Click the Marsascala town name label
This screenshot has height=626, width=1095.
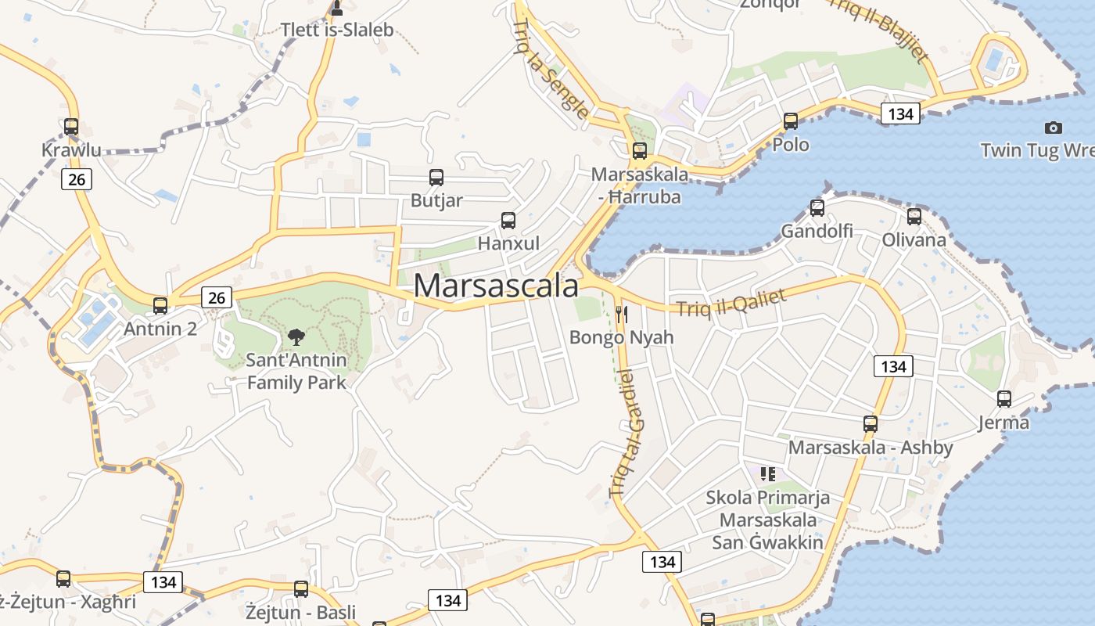(x=496, y=286)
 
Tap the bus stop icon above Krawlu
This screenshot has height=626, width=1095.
(x=71, y=126)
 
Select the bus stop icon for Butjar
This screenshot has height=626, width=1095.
(x=436, y=178)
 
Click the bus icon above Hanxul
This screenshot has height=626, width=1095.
(x=508, y=221)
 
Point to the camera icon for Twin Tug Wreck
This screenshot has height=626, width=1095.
(x=1054, y=128)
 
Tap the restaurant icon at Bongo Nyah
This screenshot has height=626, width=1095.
(x=622, y=315)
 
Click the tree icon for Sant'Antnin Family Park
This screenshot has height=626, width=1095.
(x=296, y=337)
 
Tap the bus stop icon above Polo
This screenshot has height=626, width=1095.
(x=791, y=121)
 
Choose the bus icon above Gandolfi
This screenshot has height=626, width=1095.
(x=817, y=208)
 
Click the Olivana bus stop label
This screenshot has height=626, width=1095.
(x=914, y=239)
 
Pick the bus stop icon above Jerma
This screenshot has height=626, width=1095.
(x=1004, y=399)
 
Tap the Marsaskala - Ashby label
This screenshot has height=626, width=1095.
(x=871, y=448)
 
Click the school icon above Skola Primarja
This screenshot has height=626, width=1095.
(x=768, y=473)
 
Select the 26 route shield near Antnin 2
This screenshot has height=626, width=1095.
(x=216, y=297)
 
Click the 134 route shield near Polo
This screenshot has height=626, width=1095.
(x=901, y=113)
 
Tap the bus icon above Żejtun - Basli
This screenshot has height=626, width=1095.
(x=301, y=589)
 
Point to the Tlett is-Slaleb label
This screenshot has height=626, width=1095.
(x=337, y=31)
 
